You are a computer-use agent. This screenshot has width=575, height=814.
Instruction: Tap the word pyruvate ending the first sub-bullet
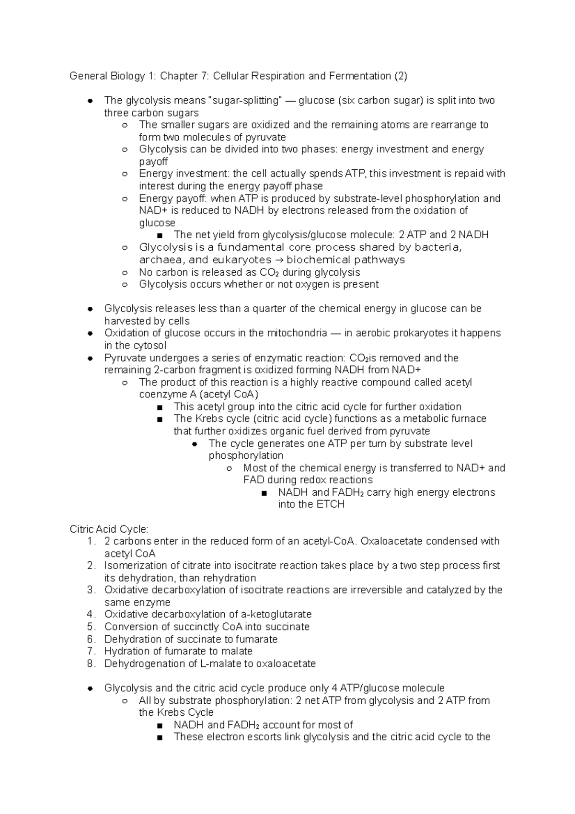click(265, 137)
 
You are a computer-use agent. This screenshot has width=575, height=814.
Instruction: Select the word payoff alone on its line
click(153, 162)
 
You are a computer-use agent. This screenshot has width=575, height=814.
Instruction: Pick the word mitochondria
click(297, 333)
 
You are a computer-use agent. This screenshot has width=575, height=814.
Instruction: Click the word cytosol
click(149, 346)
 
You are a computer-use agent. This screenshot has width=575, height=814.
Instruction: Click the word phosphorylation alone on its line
click(246, 455)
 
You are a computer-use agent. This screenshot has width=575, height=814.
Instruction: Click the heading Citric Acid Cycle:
click(109, 529)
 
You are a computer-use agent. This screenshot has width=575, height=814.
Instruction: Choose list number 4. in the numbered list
click(92, 615)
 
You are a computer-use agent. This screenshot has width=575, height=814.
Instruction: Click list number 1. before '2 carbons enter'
click(92, 541)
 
